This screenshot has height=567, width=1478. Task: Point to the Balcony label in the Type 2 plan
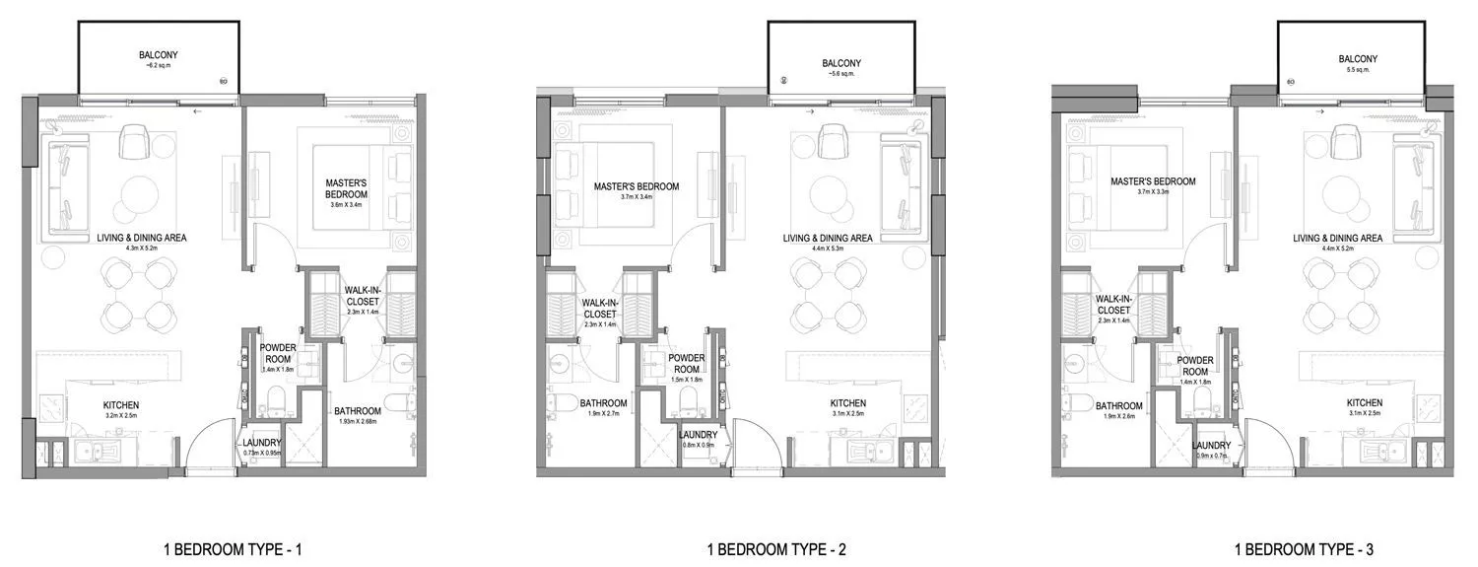[x=841, y=64]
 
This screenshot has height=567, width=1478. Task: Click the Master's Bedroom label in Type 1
[x=346, y=188]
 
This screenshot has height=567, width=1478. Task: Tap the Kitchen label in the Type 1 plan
[x=121, y=405]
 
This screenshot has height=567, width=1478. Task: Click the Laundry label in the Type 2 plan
[x=698, y=435]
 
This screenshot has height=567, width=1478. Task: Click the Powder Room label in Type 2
[x=686, y=364]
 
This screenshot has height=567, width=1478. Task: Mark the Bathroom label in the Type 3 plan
[x=1118, y=405]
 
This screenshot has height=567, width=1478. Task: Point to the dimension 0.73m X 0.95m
[x=261, y=453]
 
